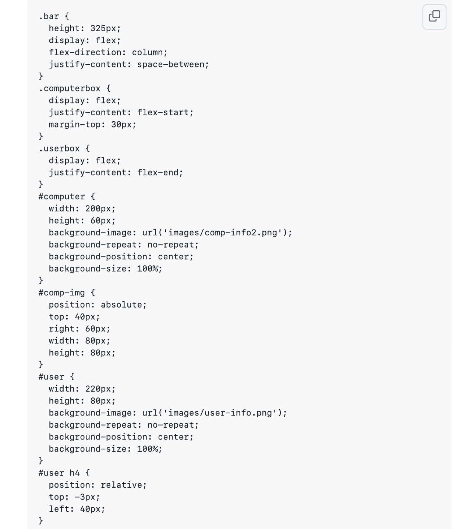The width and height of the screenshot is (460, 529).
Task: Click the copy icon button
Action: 434,17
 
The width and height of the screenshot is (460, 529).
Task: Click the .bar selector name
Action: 49,17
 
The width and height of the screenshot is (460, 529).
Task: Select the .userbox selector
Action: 59,148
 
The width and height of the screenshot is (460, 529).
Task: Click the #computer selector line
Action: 61,196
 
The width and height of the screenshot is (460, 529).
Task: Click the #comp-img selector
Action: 61,293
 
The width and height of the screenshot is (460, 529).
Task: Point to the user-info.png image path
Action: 221,413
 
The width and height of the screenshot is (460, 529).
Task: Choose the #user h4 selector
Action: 59,473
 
